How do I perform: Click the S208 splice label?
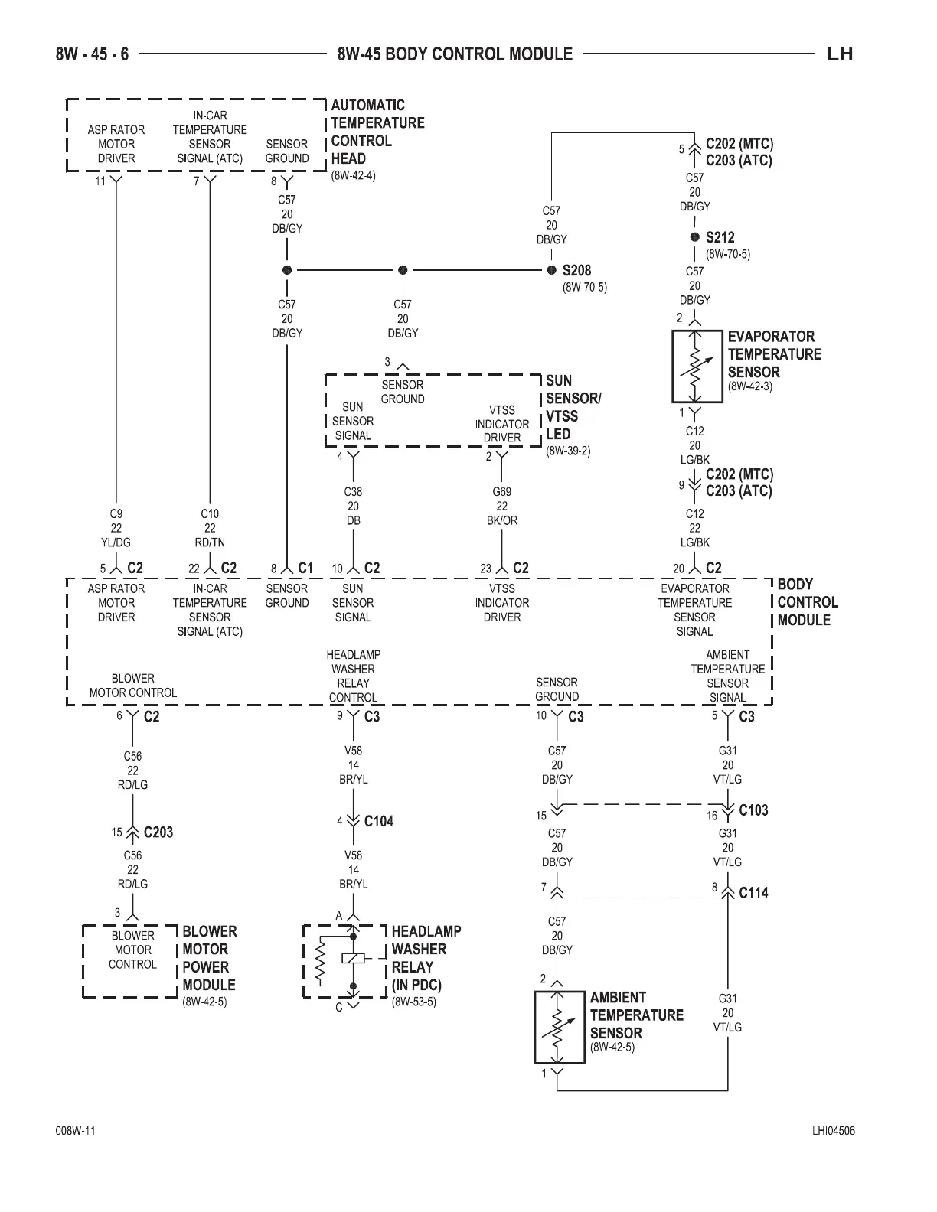pyautogui.click(x=576, y=270)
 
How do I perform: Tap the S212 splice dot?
pyautogui.click(x=695, y=237)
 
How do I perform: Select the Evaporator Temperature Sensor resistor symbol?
pyautogui.click(x=696, y=367)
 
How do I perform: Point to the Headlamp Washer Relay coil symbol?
pyautogui.click(x=353, y=957)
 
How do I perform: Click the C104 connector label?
pyautogui.click(x=378, y=821)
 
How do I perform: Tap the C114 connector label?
pyautogui.click(x=753, y=892)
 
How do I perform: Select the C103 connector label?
pyautogui.click(x=753, y=810)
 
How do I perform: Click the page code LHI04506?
pyautogui.click(x=834, y=1132)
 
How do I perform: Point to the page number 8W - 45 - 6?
pyautogui.click(x=92, y=54)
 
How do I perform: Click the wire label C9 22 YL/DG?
pyautogui.click(x=116, y=528)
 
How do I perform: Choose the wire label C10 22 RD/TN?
pyautogui.click(x=210, y=528)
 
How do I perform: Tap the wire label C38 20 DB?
pyautogui.click(x=353, y=506)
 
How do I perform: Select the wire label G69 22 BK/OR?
pyautogui.click(x=502, y=506)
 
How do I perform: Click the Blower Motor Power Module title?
pyautogui.click(x=209, y=958)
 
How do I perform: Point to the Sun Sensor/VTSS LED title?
pyautogui.click(x=573, y=407)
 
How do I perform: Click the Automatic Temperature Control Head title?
pyautogui.click(x=377, y=132)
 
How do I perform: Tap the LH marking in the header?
pyautogui.click(x=840, y=54)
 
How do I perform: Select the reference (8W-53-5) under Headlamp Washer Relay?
pyautogui.click(x=414, y=1002)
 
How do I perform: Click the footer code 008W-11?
pyautogui.click(x=75, y=1132)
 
